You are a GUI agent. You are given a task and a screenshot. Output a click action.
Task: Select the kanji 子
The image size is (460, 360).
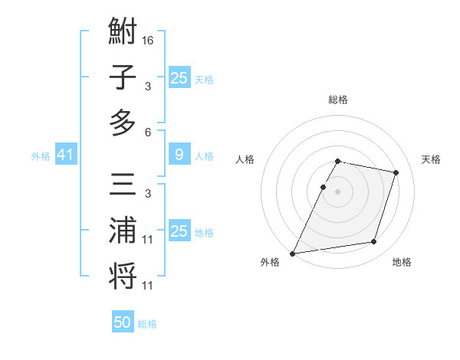123,77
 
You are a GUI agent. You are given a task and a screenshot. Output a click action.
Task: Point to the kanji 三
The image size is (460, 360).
123,188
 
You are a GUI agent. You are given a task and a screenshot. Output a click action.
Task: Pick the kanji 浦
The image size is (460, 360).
123,231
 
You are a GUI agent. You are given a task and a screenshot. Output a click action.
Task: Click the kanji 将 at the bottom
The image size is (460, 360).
123,276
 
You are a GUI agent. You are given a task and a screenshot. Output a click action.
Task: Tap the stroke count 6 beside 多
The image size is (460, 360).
148,132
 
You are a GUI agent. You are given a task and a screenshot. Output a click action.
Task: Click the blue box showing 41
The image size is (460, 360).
65,155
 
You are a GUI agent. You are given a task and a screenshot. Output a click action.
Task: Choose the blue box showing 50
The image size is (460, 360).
123,322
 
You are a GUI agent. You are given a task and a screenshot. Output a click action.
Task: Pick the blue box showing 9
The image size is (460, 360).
179,155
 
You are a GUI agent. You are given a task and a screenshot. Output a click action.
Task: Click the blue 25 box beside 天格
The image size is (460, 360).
179,78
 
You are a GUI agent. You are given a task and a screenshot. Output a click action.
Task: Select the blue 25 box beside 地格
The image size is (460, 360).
179,231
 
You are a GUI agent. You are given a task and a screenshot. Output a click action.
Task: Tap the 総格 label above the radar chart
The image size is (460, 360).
337,100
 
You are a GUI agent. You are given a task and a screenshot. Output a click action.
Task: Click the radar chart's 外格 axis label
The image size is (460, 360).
270,262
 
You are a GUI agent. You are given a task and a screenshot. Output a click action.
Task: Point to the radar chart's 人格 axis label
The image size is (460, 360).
245,159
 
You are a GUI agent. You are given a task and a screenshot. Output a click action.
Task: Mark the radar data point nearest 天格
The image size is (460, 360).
396,173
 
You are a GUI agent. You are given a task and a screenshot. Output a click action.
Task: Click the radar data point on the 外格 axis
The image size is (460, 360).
293,254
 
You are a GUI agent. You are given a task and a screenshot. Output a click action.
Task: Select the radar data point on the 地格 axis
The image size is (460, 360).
374,242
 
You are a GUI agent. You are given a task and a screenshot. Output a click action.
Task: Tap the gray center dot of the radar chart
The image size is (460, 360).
337,191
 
